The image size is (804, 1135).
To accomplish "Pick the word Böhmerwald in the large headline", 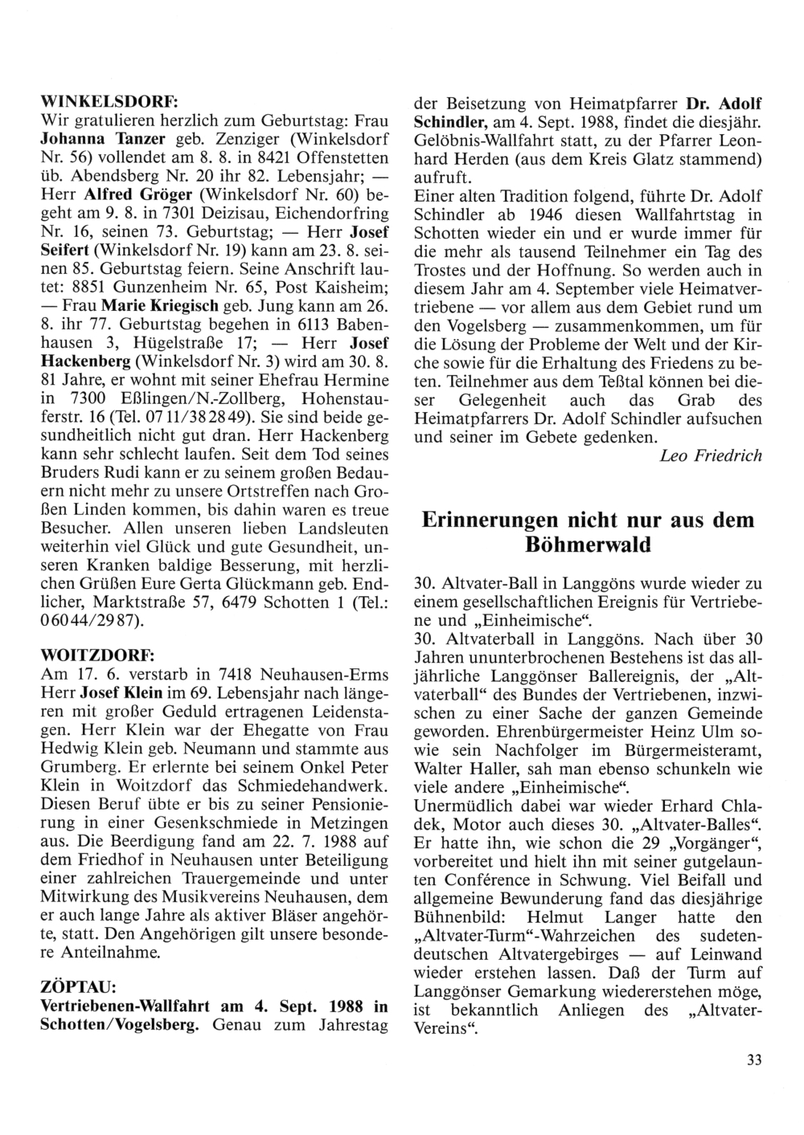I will point(588,546).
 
